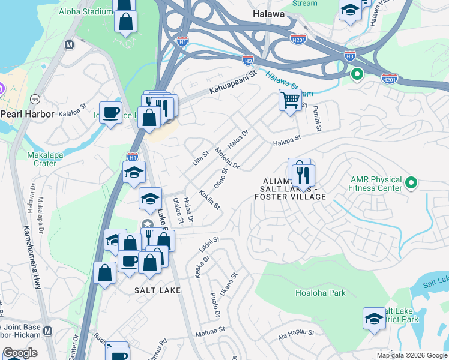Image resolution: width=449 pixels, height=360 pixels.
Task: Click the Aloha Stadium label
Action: click(x=85, y=12)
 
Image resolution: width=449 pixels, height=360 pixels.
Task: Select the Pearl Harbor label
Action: click(x=28, y=113)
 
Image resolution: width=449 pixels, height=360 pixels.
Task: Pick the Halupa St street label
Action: click(x=286, y=140)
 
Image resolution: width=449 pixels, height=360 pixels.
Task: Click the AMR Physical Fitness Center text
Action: click(x=377, y=184)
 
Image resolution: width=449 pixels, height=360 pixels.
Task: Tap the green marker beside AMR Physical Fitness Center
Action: click(x=411, y=182)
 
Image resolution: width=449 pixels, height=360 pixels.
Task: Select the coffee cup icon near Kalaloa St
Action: click(x=110, y=112)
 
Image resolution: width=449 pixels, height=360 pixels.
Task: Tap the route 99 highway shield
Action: click(x=35, y=99)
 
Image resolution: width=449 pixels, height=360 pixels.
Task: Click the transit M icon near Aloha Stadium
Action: click(x=70, y=44)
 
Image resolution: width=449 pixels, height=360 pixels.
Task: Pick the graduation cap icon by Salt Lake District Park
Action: click(x=374, y=319)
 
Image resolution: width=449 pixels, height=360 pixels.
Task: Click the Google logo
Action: click(x=20, y=353)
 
